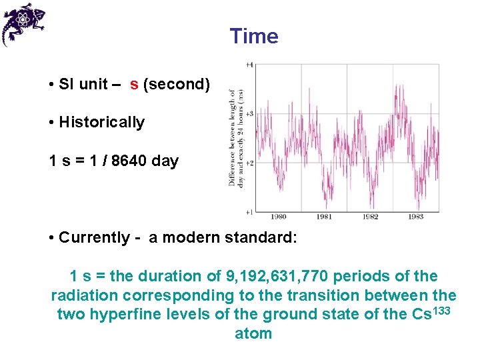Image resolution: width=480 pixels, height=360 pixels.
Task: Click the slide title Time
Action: pos(254,36)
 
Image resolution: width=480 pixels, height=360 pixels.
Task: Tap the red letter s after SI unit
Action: pos(134,85)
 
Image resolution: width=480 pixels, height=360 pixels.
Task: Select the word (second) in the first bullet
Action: pos(177,85)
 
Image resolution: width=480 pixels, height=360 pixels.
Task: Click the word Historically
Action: pos(101,123)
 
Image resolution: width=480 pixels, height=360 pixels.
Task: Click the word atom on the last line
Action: pos(253,333)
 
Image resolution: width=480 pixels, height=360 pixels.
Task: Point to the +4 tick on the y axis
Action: pos(249,65)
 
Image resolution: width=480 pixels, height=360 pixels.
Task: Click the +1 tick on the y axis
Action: pos(249,212)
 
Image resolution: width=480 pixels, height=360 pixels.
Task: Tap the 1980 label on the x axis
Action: pos(279,217)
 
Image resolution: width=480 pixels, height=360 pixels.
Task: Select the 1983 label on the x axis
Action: pos(415,217)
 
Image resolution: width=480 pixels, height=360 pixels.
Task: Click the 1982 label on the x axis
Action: pos(370,217)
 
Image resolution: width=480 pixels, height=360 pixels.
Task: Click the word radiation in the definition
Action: pos(84,295)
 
